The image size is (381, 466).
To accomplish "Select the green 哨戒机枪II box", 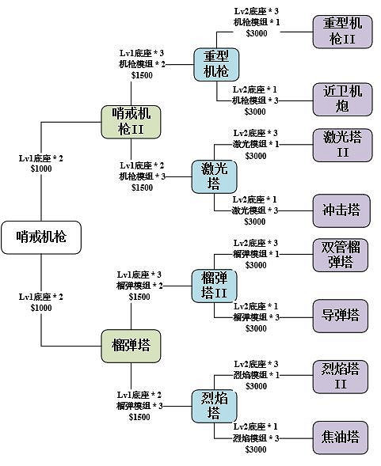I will point(131,122).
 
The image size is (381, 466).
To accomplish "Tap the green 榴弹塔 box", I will point(131,345).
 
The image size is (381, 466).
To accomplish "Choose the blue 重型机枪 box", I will point(215,64).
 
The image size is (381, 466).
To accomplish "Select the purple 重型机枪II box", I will point(340,32).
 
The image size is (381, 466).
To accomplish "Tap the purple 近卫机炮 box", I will point(340,99).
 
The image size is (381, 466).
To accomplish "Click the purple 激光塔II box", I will point(340,144).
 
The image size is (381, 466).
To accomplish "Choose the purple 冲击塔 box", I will point(340,210).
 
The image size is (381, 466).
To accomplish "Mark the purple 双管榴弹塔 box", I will point(340,254).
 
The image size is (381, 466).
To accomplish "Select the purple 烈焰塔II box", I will point(340,376).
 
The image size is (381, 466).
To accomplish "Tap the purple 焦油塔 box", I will point(340,437).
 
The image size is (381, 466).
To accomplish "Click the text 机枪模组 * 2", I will point(143,64).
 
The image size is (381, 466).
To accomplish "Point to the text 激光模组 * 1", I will point(255,144).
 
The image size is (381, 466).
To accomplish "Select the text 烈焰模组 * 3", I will point(255,438).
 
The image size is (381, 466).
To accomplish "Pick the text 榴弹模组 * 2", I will point(141,285).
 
